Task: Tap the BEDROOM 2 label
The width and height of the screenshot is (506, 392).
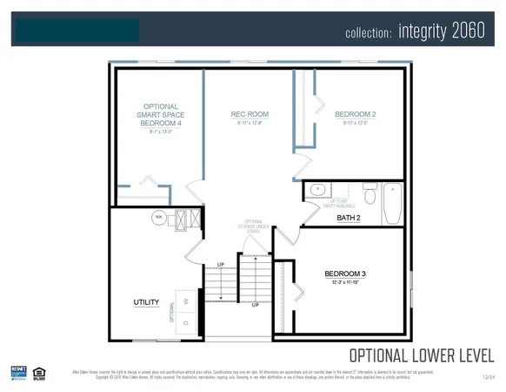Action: (355, 114)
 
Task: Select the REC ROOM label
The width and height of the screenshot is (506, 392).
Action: (250, 114)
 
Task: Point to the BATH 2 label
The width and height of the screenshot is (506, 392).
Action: (349, 217)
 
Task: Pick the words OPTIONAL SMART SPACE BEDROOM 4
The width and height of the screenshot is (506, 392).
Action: (162, 115)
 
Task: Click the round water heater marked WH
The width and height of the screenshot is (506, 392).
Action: (159, 217)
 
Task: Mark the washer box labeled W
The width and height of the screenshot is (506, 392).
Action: (187, 301)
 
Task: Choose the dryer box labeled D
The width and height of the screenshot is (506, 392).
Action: (187, 321)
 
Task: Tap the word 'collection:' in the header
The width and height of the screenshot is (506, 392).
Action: (369, 33)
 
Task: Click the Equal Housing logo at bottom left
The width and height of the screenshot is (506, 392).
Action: (38, 374)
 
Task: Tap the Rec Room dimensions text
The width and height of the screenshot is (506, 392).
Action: (250, 123)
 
